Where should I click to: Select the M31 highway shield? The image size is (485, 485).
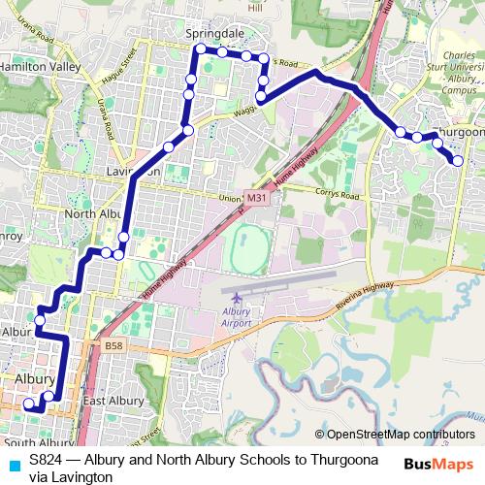[x=256, y=197]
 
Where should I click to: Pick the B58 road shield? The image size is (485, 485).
[x=114, y=344]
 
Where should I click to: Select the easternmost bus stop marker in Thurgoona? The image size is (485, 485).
[x=458, y=161]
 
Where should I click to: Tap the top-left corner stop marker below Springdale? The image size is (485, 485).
[x=200, y=48]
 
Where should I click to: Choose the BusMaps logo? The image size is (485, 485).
[x=437, y=464]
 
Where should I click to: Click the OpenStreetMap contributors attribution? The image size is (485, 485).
[x=400, y=435]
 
